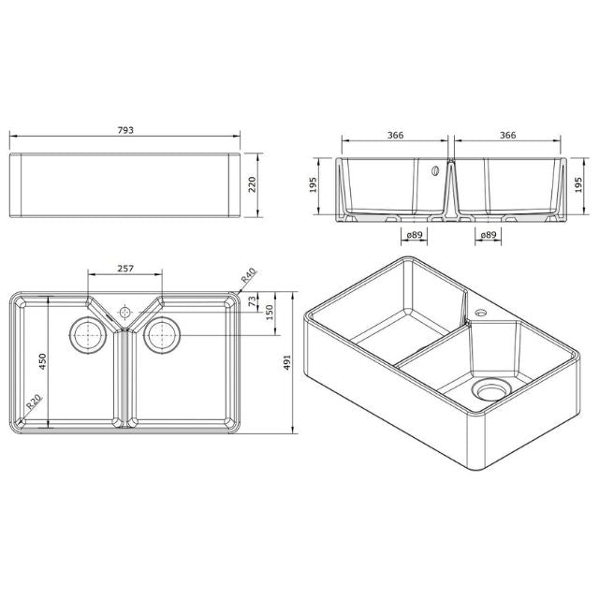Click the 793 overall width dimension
pyautogui.click(x=126, y=131)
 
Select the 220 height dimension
pyautogui.click(x=250, y=184)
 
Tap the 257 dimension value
pyautogui.click(x=126, y=269)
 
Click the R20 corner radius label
pyautogui.click(x=34, y=403)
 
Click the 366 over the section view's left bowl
pyautogui.click(x=395, y=136)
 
